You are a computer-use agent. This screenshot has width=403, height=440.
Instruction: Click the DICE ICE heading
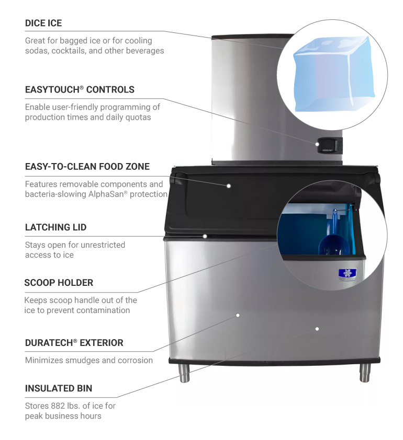point(43,23)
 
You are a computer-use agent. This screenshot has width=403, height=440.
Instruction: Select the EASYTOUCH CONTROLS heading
point(80,89)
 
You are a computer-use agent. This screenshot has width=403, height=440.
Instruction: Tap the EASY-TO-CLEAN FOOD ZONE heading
point(87,166)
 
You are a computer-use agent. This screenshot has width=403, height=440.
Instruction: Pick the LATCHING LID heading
point(55,227)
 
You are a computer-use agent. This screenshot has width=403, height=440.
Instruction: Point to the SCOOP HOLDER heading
point(59,283)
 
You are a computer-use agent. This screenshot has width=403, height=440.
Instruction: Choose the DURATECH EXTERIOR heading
point(74,343)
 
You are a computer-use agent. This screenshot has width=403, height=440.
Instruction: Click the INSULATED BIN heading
point(59,388)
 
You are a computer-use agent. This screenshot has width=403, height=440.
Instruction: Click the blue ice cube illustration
point(333,74)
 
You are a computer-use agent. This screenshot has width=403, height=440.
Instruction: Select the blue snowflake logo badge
point(348,274)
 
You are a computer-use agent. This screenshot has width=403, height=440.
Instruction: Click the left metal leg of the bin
point(184,373)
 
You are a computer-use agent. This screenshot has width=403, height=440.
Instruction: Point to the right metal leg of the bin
point(365,373)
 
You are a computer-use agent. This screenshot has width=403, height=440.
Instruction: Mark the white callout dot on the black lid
point(229,186)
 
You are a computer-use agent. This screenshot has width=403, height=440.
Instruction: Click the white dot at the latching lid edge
point(205,236)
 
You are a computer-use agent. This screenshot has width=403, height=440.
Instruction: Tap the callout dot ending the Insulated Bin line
point(317,329)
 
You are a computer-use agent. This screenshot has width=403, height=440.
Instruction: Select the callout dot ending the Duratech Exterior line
point(238,316)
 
